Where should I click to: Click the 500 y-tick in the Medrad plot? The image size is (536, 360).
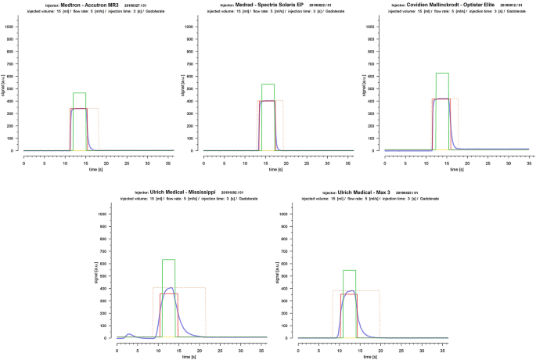click(193, 88)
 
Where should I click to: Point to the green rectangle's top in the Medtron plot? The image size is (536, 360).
click(79, 93)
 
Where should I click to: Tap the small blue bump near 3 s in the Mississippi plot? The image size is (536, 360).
click(129, 334)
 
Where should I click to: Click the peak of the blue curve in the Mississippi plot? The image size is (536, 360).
click(170, 288)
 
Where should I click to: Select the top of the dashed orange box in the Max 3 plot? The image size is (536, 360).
click(356, 291)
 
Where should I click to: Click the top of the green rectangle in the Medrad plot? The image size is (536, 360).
click(268, 85)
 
